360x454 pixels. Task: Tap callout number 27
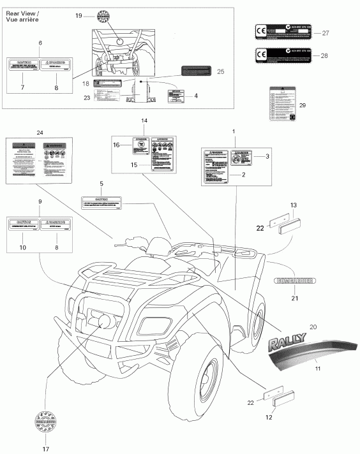click(325, 33)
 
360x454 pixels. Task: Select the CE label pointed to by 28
click(283, 55)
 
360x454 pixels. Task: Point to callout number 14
click(144, 121)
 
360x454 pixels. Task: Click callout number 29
click(303, 105)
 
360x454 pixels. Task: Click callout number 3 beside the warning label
click(267, 156)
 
